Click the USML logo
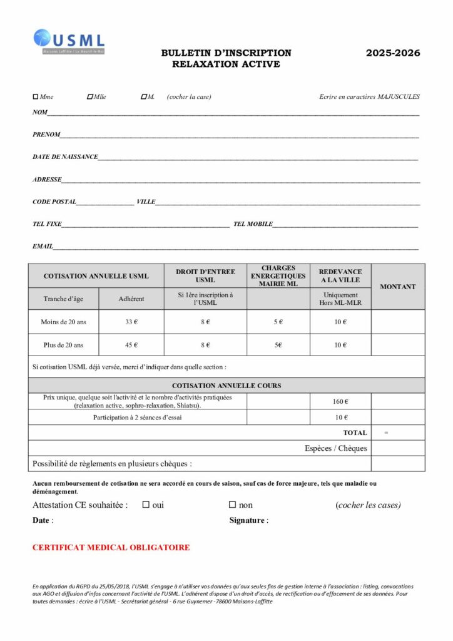tap(69, 41)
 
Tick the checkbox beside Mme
tap(36, 97)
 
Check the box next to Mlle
tap(90, 97)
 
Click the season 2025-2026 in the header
tap(393, 53)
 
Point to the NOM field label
tap(40, 113)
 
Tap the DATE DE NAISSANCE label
tap(65, 156)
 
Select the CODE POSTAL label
tap(54, 202)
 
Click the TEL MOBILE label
tap(253, 224)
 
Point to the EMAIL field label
tap(43, 247)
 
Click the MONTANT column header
tap(398, 287)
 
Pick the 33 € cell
tap(131, 322)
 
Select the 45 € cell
tap(131, 345)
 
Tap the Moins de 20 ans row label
tap(63, 322)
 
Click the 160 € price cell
tap(340, 401)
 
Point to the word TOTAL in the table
tap(355, 433)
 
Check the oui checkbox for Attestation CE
tap(146, 505)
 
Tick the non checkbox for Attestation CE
tap(232, 505)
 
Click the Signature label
tap(248, 520)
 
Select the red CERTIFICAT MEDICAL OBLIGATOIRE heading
tap(111, 548)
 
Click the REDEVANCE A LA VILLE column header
tap(340, 276)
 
